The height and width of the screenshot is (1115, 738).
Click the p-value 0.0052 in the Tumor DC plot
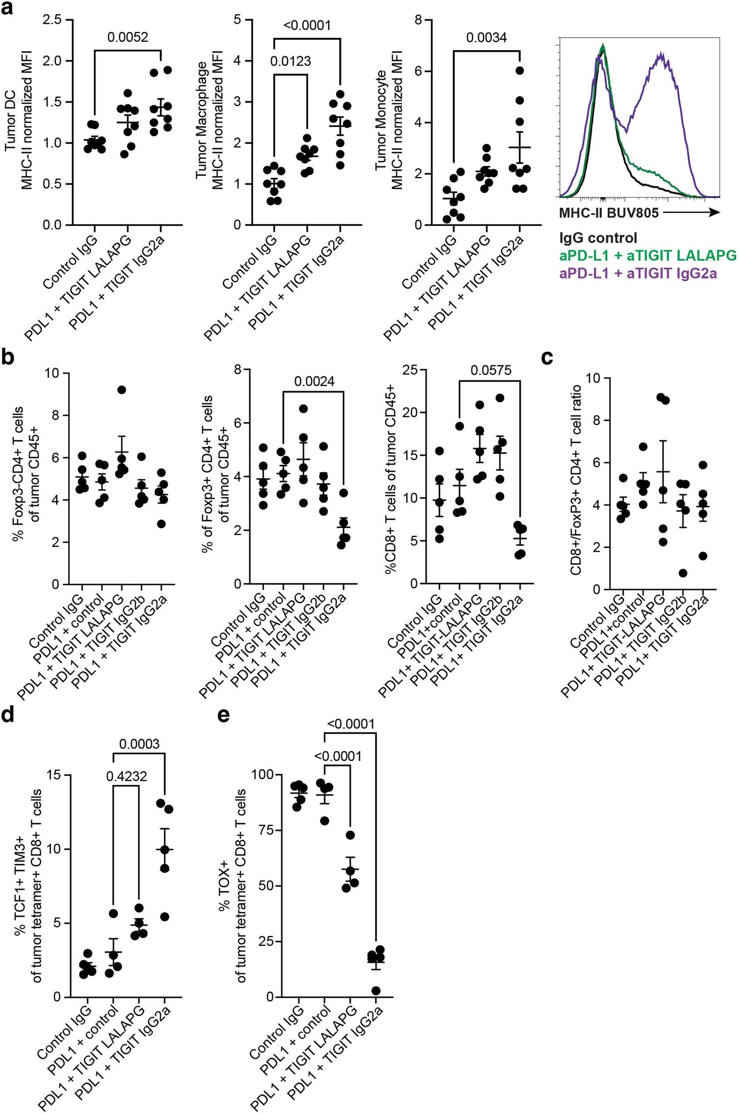pyautogui.click(x=127, y=37)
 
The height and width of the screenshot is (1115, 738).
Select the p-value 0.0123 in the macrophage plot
pyautogui.click(x=290, y=61)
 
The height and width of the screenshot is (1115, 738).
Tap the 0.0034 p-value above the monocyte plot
pyautogui.click(x=487, y=37)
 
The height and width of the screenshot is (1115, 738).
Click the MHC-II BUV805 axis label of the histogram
pyautogui.click(x=609, y=213)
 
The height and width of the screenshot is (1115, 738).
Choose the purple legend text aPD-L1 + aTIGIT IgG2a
pyautogui.click(x=638, y=273)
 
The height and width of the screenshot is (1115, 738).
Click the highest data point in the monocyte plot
pyautogui.click(x=519, y=71)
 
